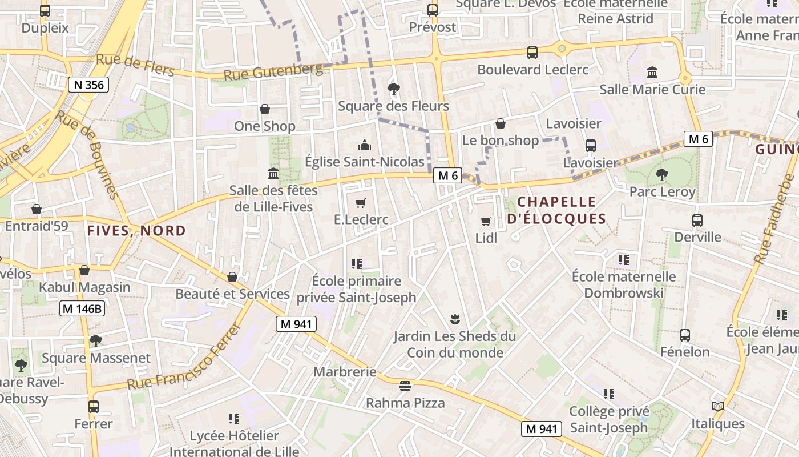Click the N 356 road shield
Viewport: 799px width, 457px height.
click(88, 85)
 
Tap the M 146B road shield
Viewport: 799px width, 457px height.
click(83, 309)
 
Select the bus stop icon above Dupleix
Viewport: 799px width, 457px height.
click(45, 10)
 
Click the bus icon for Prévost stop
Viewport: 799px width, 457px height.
click(433, 10)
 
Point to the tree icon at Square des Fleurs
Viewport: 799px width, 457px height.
click(393, 89)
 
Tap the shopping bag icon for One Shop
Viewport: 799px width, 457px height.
click(265, 109)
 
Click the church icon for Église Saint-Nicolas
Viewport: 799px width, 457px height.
click(364, 145)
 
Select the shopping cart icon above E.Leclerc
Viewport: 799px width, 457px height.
click(360, 203)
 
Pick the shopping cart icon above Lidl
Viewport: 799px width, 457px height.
click(486, 221)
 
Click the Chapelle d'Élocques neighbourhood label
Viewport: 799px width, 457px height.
click(556, 210)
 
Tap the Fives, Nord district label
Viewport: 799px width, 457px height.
click(136, 231)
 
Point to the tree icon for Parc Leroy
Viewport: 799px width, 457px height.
click(662, 174)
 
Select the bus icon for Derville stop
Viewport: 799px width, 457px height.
click(697, 220)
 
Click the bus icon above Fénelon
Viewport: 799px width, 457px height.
click(685, 335)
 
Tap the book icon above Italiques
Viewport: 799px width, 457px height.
click(718, 407)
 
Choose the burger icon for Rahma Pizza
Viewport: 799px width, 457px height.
click(405, 386)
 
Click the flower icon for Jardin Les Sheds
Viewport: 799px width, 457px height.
click(454, 319)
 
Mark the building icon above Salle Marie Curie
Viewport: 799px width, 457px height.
click(652, 73)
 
